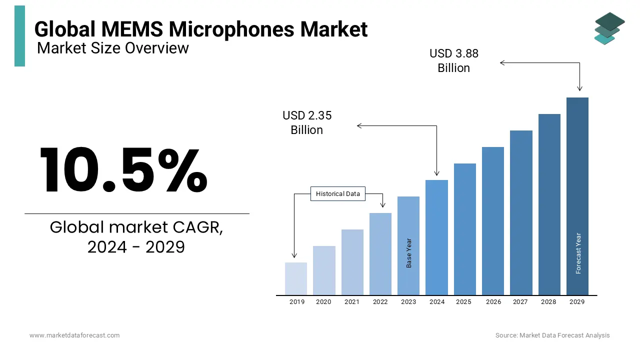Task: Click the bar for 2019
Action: click(296, 278)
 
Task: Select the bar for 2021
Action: click(352, 262)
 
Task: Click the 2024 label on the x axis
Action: click(437, 302)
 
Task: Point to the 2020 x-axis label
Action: click(323, 302)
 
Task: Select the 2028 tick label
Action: click(548, 302)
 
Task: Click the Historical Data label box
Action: click(338, 194)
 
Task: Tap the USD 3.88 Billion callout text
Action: click(454, 60)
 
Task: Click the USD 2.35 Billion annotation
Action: click(307, 122)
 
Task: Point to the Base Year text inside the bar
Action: click(409, 253)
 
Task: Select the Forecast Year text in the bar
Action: click(578, 253)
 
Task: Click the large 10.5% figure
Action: click(123, 170)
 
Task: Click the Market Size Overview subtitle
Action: click(113, 48)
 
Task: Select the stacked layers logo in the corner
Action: click(609, 28)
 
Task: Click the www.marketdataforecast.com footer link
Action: click(74, 335)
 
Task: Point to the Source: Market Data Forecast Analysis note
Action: click(552, 335)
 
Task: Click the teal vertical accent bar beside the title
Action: click(19, 36)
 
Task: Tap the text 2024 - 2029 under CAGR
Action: click(136, 246)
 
